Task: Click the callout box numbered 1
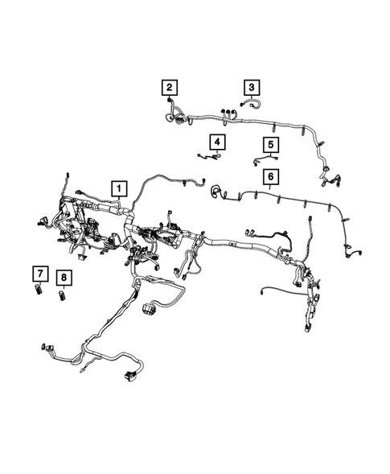point(119,189)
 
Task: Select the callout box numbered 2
point(170,87)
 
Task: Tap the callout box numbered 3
point(252,87)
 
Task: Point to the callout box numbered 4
point(217,142)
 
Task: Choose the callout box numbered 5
point(272,145)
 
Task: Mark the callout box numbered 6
point(271,176)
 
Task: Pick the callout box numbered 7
point(39,270)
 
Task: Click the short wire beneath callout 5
point(260,163)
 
